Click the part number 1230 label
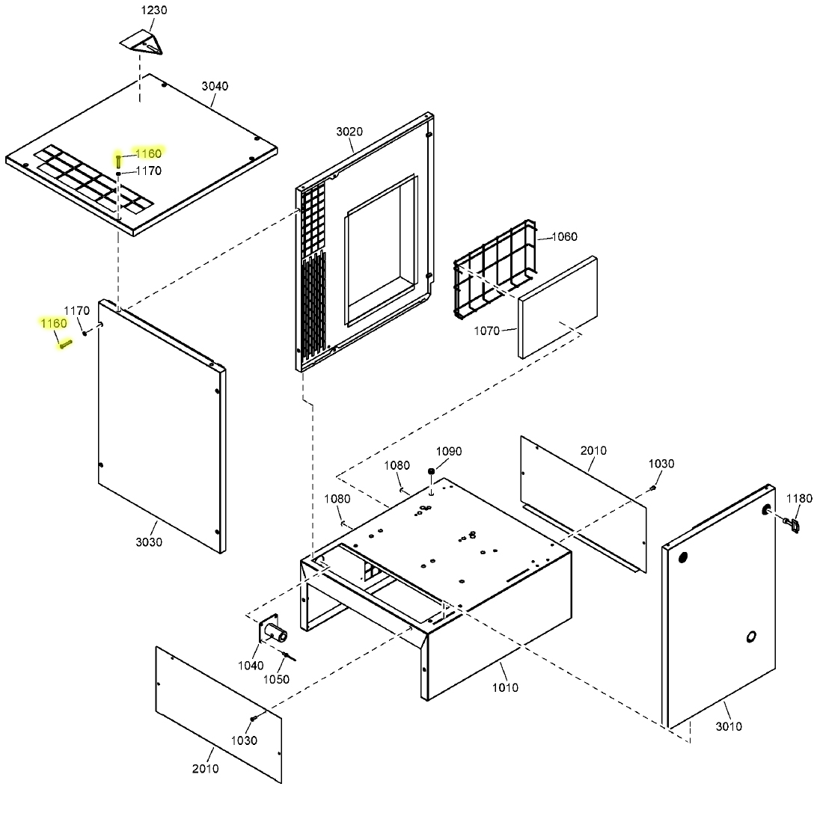tap(154, 10)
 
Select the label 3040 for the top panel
tap(215, 86)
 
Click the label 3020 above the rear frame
tap(349, 132)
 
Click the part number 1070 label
tap(486, 330)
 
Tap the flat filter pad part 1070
tap(558, 307)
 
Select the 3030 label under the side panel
tap(149, 542)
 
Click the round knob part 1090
tap(432, 471)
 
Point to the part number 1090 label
tap(449, 451)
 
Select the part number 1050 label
tap(276, 679)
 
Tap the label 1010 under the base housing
tap(505, 687)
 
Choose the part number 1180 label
tap(799, 498)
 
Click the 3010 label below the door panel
tap(729, 726)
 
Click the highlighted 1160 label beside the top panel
tap(147, 153)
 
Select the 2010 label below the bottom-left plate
tap(206, 769)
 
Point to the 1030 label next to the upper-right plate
tap(661, 464)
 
